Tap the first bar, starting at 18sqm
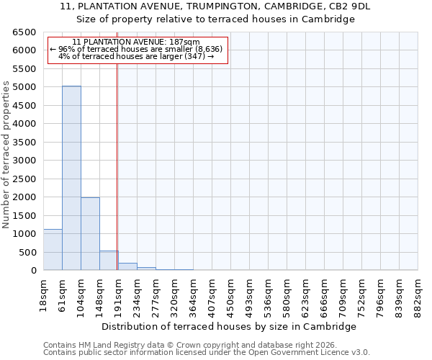53,250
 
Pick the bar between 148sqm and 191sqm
109,261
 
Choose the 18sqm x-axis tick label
43,291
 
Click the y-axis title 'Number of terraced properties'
6,155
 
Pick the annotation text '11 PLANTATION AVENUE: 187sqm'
137,42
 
